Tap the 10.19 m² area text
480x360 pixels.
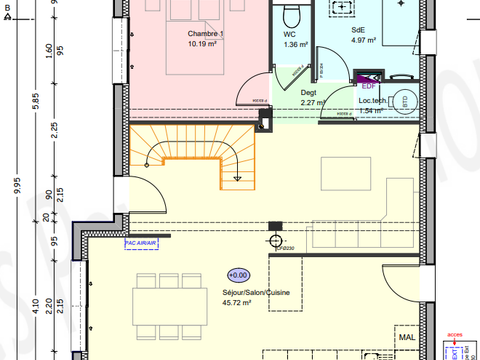tap(204, 45)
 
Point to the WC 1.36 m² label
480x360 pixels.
tap(295, 39)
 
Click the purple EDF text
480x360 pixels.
tap(370, 86)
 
